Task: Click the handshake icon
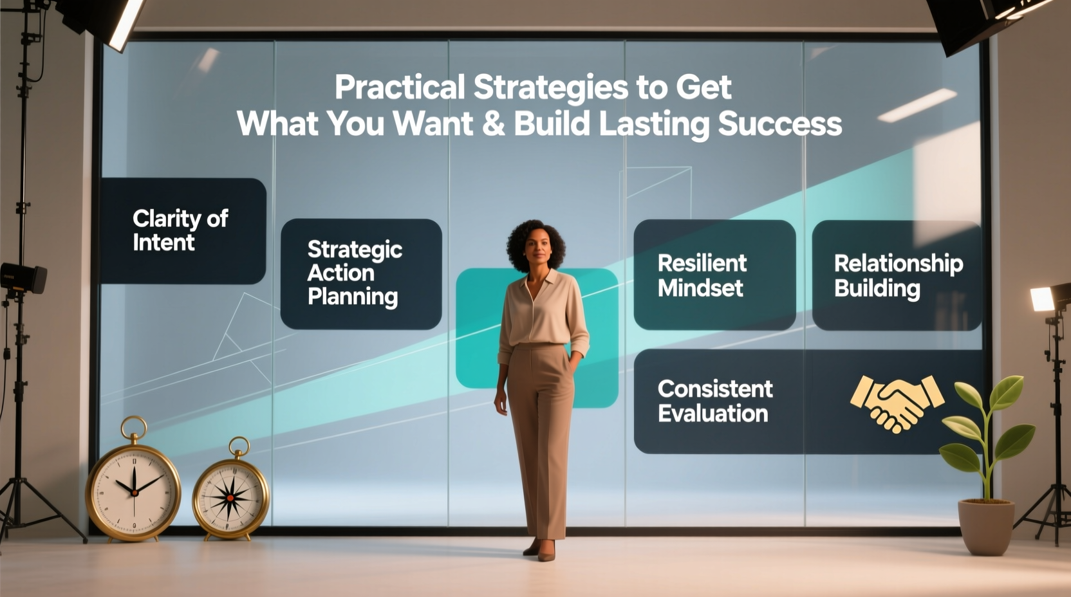[x=897, y=403]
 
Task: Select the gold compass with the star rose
[x=230, y=497]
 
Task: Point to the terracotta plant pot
[x=985, y=526]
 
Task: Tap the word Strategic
[x=355, y=249]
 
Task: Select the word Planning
[x=352, y=297]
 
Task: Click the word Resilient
[x=702, y=263]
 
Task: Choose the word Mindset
[x=700, y=288]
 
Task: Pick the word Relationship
[x=898, y=263]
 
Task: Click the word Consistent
[x=714, y=389]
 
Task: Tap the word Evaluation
[x=712, y=413]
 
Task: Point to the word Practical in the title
[x=399, y=87]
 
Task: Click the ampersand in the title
[x=493, y=124]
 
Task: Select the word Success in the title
[x=779, y=124]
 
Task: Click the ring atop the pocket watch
[x=133, y=427]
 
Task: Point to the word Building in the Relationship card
[x=877, y=288]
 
